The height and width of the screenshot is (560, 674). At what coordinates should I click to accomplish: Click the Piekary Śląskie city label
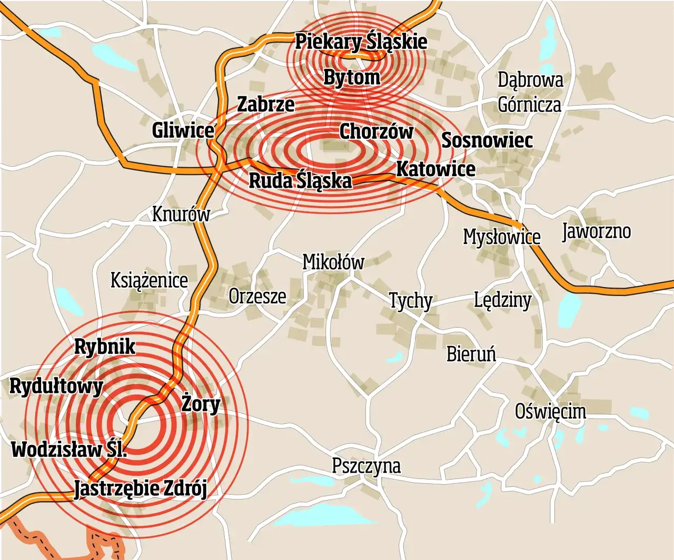[361, 42]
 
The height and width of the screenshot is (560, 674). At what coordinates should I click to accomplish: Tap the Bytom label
[351, 77]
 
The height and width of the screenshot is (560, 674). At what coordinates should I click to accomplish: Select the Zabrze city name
[265, 104]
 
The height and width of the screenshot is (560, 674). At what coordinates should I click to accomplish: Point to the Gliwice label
[183, 130]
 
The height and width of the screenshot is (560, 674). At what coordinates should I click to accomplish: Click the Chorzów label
[376, 131]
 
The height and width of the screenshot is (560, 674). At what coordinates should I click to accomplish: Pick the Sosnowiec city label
[487, 140]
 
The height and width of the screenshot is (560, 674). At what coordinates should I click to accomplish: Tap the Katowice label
[435, 169]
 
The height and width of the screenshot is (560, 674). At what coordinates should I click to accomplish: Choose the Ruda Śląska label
[300, 180]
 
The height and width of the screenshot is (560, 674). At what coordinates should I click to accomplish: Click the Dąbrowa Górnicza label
[530, 92]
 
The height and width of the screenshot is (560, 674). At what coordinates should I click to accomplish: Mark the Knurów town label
[181, 214]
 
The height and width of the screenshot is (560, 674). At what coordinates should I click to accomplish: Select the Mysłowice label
[501, 237]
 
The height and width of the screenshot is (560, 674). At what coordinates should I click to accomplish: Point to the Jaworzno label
[596, 231]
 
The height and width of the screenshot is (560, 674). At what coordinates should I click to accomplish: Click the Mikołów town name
[333, 261]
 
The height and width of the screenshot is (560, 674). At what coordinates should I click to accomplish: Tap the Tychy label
[410, 301]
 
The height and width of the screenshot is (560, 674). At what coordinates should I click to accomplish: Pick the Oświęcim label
[550, 411]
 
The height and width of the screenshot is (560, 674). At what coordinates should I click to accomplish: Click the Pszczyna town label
[366, 466]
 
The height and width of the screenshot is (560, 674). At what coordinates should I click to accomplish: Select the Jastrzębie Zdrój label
[140, 488]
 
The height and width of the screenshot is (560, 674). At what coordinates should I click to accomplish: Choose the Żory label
[201, 404]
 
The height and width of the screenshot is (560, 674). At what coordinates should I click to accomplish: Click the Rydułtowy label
[56, 386]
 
